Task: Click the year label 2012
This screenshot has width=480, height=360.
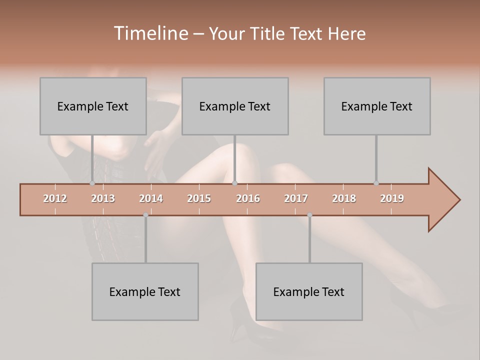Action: coord(55,198)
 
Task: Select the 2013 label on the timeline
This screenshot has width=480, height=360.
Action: coord(103,198)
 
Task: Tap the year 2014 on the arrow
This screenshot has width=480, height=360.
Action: coord(151,198)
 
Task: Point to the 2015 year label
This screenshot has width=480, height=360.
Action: coord(199,198)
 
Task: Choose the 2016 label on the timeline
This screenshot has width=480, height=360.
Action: coord(248,198)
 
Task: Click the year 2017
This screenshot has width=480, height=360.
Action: coord(296,198)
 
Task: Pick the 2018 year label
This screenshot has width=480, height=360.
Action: coord(344,198)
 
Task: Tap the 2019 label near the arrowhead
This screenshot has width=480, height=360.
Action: coord(392,198)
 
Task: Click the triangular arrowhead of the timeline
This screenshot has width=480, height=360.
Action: coord(443,200)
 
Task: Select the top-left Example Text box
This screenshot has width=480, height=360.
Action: coord(93,106)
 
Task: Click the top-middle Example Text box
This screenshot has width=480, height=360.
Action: coord(235,106)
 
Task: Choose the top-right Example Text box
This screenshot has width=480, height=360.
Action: coord(377,106)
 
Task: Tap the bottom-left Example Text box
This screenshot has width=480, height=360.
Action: coord(145,291)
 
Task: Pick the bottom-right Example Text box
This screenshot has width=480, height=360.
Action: coord(309,291)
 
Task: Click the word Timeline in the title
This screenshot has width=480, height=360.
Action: coord(149,33)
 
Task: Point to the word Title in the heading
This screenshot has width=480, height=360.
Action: coord(269,33)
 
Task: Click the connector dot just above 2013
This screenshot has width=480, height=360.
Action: coord(92,183)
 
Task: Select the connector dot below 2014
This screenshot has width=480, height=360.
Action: coord(145,215)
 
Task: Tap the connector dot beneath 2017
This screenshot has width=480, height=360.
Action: coord(309,215)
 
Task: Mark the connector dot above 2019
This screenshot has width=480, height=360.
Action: coord(376,183)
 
